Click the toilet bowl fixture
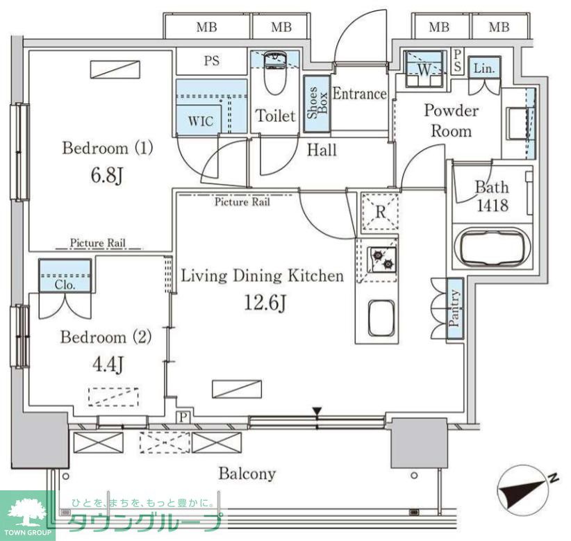[275, 74]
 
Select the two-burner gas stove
[381, 258]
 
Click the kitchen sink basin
[381, 318]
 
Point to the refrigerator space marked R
[380, 212]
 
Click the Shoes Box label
[317, 103]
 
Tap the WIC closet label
[201, 121]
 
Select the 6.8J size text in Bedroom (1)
[106, 176]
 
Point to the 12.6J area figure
[265, 303]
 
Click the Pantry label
[454, 308]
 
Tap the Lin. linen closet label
[484, 68]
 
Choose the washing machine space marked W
[424, 69]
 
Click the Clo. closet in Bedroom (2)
[65, 276]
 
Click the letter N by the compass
[554, 477]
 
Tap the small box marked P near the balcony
[183, 417]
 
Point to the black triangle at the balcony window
[317, 411]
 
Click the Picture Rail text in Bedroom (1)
[97, 243]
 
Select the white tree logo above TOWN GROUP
[28, 513]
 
